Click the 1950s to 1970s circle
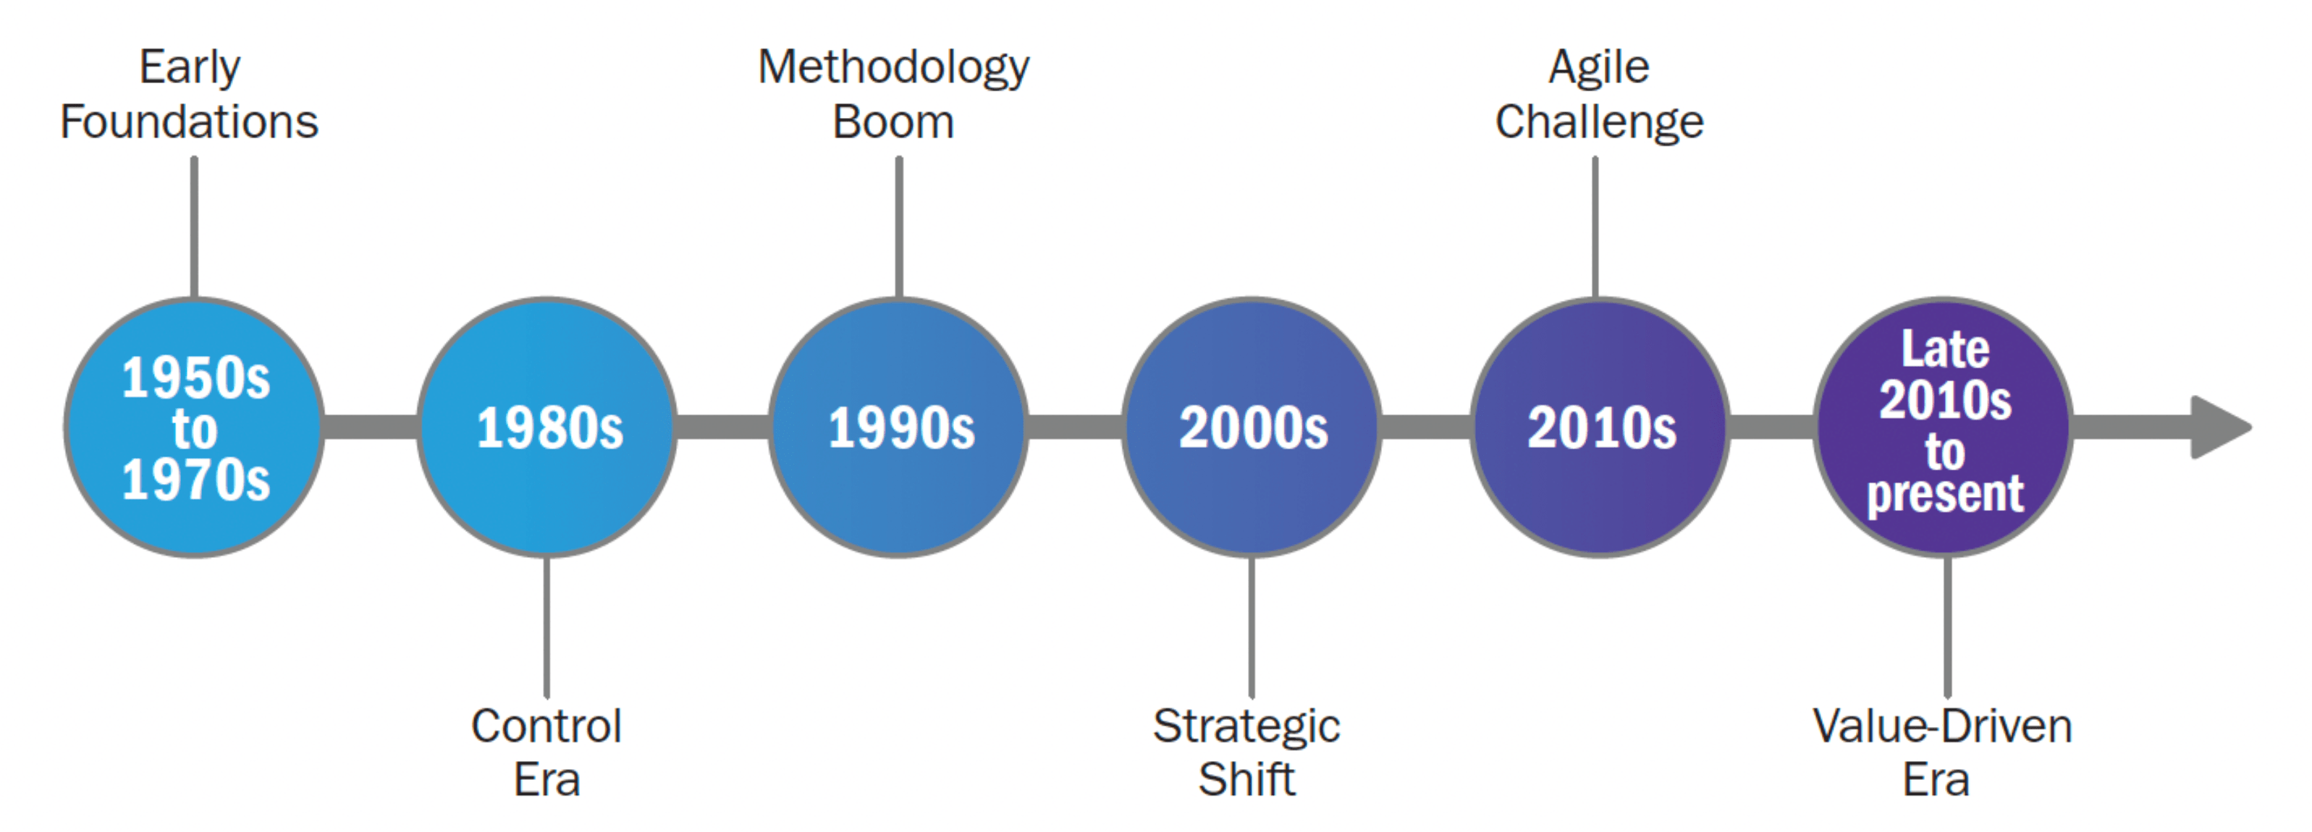pyautogui.click(x=194, y=428)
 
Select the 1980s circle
pyautogui.click(x=547, y=428)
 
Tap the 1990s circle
pyautogui.click(x=898, y=428)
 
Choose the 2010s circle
pyautogui.click(x=1600, y=428)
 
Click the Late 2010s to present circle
pyautogui.click(x=1944, y=428)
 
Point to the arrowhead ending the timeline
pyautogui.click(x=2221, y=428)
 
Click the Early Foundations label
pyautogui.click(x=190, y=94)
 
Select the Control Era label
pyautogui.click(x=547, y=752)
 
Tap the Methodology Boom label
pyautogui.click(x=894, y=94)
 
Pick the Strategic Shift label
pyautogui.click(x=1246, y=752)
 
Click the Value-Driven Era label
pyautogui.click(x=1942, y=752)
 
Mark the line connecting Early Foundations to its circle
pyautogui.click(x=194, y=228)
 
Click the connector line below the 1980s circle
pyautogui.click(x=547, y=627)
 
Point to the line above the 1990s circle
pyautogui.click(x=898, y=228)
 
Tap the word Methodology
pyautogui.click(x=894, y=68)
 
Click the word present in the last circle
pyautogui.click(x=1945, y=493)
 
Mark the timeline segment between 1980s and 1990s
pyautogui.click(x=722, y=428)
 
